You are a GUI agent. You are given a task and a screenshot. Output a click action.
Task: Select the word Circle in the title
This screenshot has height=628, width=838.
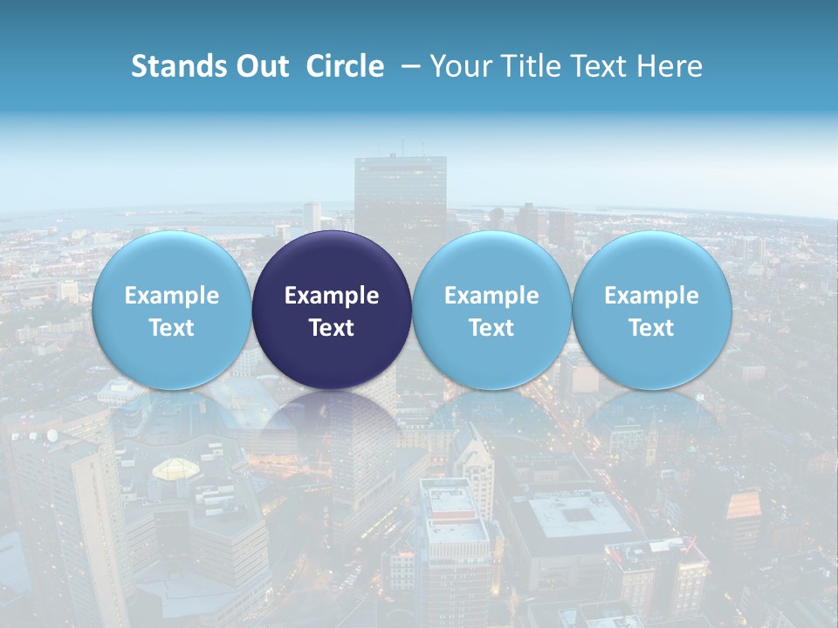pos(345,66)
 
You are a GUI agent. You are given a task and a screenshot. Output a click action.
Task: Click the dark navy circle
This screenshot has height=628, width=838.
pos(332,310)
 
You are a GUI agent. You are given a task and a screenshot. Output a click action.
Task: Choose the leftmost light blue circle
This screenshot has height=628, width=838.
pos(172,310)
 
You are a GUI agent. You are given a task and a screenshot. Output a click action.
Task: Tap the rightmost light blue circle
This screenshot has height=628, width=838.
pos(652,310)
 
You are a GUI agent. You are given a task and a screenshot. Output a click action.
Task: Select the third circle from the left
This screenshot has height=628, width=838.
pos(491,310)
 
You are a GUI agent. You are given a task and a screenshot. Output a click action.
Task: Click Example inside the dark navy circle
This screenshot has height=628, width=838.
pos(332,296)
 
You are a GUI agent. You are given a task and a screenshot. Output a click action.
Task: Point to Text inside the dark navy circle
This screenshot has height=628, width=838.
pos(332,328)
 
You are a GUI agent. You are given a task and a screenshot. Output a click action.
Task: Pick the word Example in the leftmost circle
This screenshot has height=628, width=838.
pos(172,296)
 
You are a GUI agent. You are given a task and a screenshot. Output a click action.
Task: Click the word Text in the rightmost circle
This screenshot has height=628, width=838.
pos(652,328)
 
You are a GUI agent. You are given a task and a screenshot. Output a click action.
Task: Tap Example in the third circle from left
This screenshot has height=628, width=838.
pos(491,296)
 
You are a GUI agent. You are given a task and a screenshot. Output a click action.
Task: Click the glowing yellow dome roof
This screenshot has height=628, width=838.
pos(178,469)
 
